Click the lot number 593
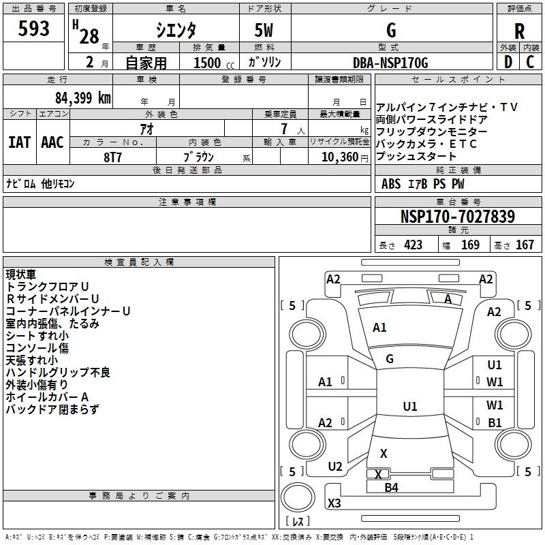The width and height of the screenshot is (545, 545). pos(34,29)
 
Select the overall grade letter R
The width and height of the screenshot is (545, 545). pos(519,31)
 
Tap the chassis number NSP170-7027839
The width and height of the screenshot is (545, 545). pos(457,217)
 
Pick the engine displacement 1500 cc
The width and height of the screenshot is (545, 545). pos(207,63)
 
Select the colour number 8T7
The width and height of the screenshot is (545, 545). pos(113,156)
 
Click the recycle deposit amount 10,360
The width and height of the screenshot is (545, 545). pos(339,157)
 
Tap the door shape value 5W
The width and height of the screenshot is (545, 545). pos(265,31)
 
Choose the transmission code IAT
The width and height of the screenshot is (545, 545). pos(20,142)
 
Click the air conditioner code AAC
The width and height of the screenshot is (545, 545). pos(52,142)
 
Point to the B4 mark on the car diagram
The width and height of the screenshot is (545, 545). pos(391,487)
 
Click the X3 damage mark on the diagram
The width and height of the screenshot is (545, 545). pos(334,503)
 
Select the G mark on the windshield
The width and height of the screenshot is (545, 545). pos(390,358)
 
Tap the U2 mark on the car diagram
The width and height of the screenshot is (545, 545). pos(335,467)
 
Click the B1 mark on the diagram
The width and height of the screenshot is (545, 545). pos(495,423)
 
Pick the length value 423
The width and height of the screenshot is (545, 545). pos(414,245)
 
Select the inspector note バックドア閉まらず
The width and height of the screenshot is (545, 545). pos(52,409)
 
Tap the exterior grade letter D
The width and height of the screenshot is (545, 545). pos(508,63)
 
